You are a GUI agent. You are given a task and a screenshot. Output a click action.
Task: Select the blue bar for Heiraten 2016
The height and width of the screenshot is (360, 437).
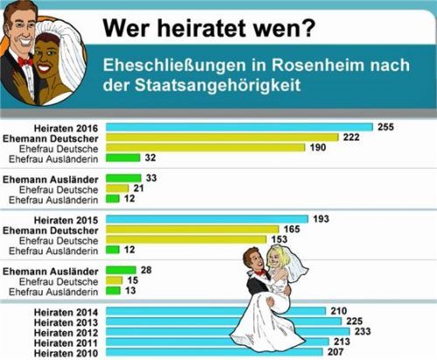[239, 127]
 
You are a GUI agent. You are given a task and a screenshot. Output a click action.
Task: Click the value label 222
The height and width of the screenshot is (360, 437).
[352, 137]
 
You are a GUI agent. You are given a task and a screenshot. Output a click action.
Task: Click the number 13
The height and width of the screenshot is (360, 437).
[129, 291]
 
